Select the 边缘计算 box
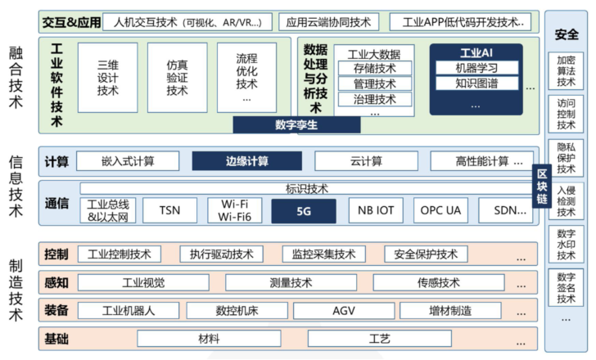tap(246, 161)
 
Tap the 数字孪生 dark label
tap(296, 125)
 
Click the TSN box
tap(169, 210)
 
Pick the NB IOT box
tap(375, 210)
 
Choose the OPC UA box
tap(442, 210)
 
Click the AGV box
tap(343, 310)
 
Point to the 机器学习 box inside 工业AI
tap(476, 68)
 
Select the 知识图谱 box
tap(476, 83)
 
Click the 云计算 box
tap(365, 161)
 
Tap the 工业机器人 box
tap(129, 310)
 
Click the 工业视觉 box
tap(143, 283)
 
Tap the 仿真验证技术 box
tap(177, 77)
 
